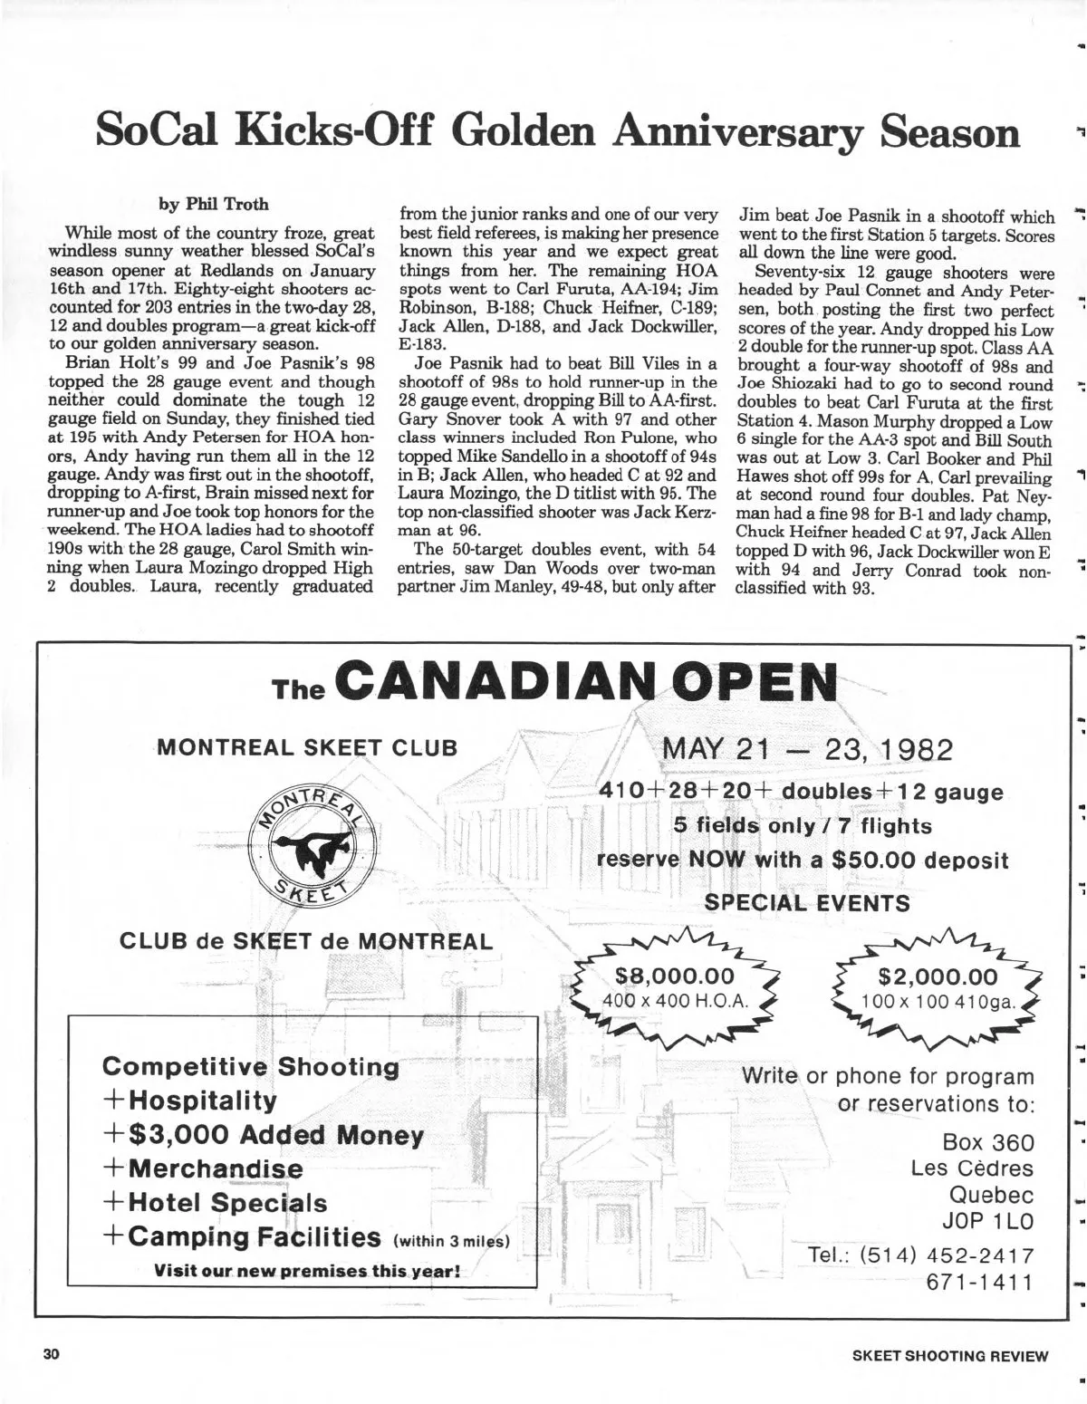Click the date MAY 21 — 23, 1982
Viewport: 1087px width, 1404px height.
(808, 751)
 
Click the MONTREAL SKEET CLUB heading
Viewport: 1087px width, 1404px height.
(307, 747)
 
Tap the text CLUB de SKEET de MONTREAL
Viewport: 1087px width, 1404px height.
(306, 940)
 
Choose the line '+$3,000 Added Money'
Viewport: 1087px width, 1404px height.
(263, 1135)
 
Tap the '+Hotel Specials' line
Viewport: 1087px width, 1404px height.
(216, 1203)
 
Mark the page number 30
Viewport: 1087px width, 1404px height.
(50, 1355)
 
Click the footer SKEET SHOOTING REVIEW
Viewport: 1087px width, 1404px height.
(950, 1356)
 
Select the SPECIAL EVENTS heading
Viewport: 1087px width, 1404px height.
(807, 902)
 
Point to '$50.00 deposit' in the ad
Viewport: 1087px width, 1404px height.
(924, 860)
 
